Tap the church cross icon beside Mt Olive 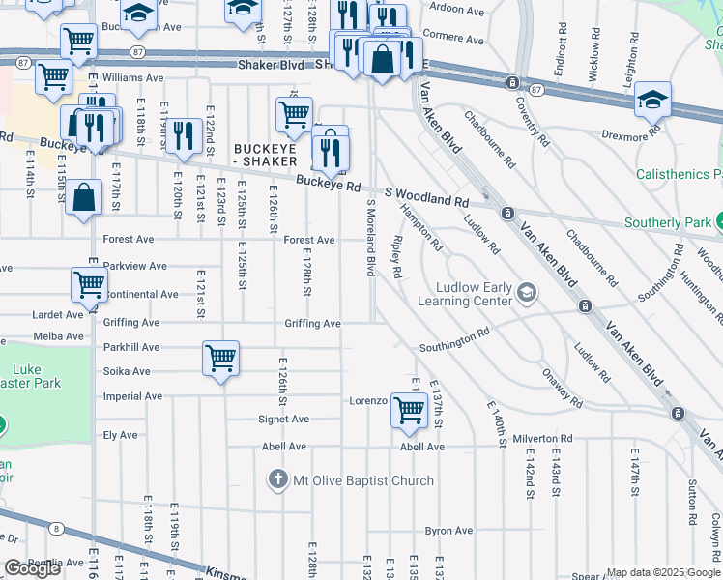(278, 480)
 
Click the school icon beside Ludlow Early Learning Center (527, 291)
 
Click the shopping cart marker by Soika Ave (221, 358)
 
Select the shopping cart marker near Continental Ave (89, 284)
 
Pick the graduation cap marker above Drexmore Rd (653, 100)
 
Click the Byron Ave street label (449, 531)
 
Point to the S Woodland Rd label (428, 198)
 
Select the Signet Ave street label (283, 420)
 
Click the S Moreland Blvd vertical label (370, 238)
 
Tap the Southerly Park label (667, 222)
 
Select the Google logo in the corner (32, 568)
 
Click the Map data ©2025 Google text (661, 572)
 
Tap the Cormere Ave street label (453, 35)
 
